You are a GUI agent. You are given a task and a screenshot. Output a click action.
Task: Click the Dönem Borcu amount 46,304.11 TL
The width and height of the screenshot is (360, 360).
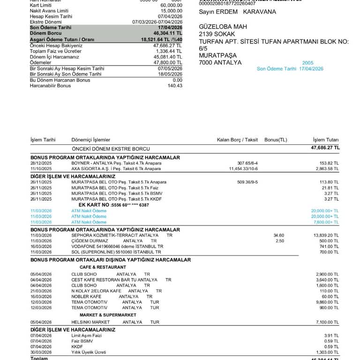(x=167, y=34)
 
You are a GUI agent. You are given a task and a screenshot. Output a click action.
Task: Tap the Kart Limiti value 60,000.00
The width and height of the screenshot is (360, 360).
(x=171, y=5)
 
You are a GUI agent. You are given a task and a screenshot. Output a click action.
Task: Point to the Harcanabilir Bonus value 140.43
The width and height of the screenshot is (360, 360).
(x=175, y=86)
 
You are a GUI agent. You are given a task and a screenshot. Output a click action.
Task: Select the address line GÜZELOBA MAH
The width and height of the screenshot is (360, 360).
(x=223, y=27)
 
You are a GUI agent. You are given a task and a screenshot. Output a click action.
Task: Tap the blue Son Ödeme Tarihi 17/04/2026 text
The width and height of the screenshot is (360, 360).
(x=290, y=69)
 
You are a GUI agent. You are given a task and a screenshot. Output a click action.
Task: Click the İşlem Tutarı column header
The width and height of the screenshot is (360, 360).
(x=326, y=140)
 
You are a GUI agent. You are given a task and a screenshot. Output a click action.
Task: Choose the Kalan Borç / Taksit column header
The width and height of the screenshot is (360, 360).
(x=237, y=140)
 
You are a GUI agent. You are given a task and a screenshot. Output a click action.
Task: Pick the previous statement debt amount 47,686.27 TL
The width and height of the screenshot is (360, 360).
(x=325, y=148)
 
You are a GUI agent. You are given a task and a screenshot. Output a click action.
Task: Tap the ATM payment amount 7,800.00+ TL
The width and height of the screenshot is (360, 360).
(x=325, y=222)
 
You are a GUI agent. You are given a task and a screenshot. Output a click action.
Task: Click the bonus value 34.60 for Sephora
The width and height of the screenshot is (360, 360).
(x=278, y=235)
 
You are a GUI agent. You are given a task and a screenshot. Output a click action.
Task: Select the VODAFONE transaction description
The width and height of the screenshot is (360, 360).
(x=117, y=247)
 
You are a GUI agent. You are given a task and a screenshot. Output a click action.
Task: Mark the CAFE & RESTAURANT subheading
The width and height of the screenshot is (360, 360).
(x=103, y=267)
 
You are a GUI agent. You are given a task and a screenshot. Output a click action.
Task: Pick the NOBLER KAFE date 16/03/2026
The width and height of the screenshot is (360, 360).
(x=41, y=297)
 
